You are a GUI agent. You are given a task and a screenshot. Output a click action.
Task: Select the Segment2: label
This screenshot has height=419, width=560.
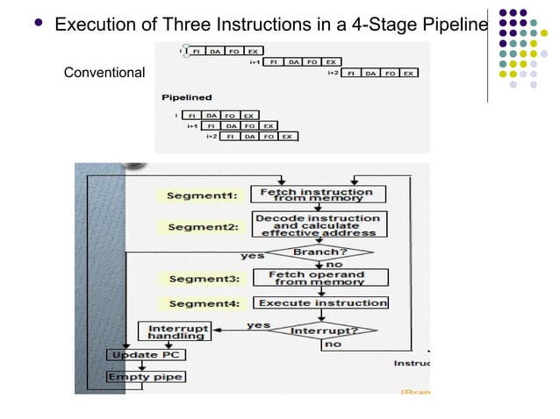[x=201, y=227]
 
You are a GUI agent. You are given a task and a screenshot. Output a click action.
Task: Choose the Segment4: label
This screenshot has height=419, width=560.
[x=201, y=302]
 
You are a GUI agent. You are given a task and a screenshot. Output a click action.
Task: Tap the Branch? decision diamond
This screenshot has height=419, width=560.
[x=319, y=253]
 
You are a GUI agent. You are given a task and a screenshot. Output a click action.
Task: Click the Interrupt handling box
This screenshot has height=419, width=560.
[x=174, y=331]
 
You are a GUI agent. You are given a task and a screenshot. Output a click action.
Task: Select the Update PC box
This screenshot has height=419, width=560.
[x=146, y=355]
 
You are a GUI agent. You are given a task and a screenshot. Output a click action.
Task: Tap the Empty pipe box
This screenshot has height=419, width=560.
[x=146, y=377]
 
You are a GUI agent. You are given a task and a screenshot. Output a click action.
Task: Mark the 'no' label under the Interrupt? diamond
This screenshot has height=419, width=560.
[x=333, y=344]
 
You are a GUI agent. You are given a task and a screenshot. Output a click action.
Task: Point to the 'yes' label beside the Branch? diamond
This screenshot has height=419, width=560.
[x=254, y=256]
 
